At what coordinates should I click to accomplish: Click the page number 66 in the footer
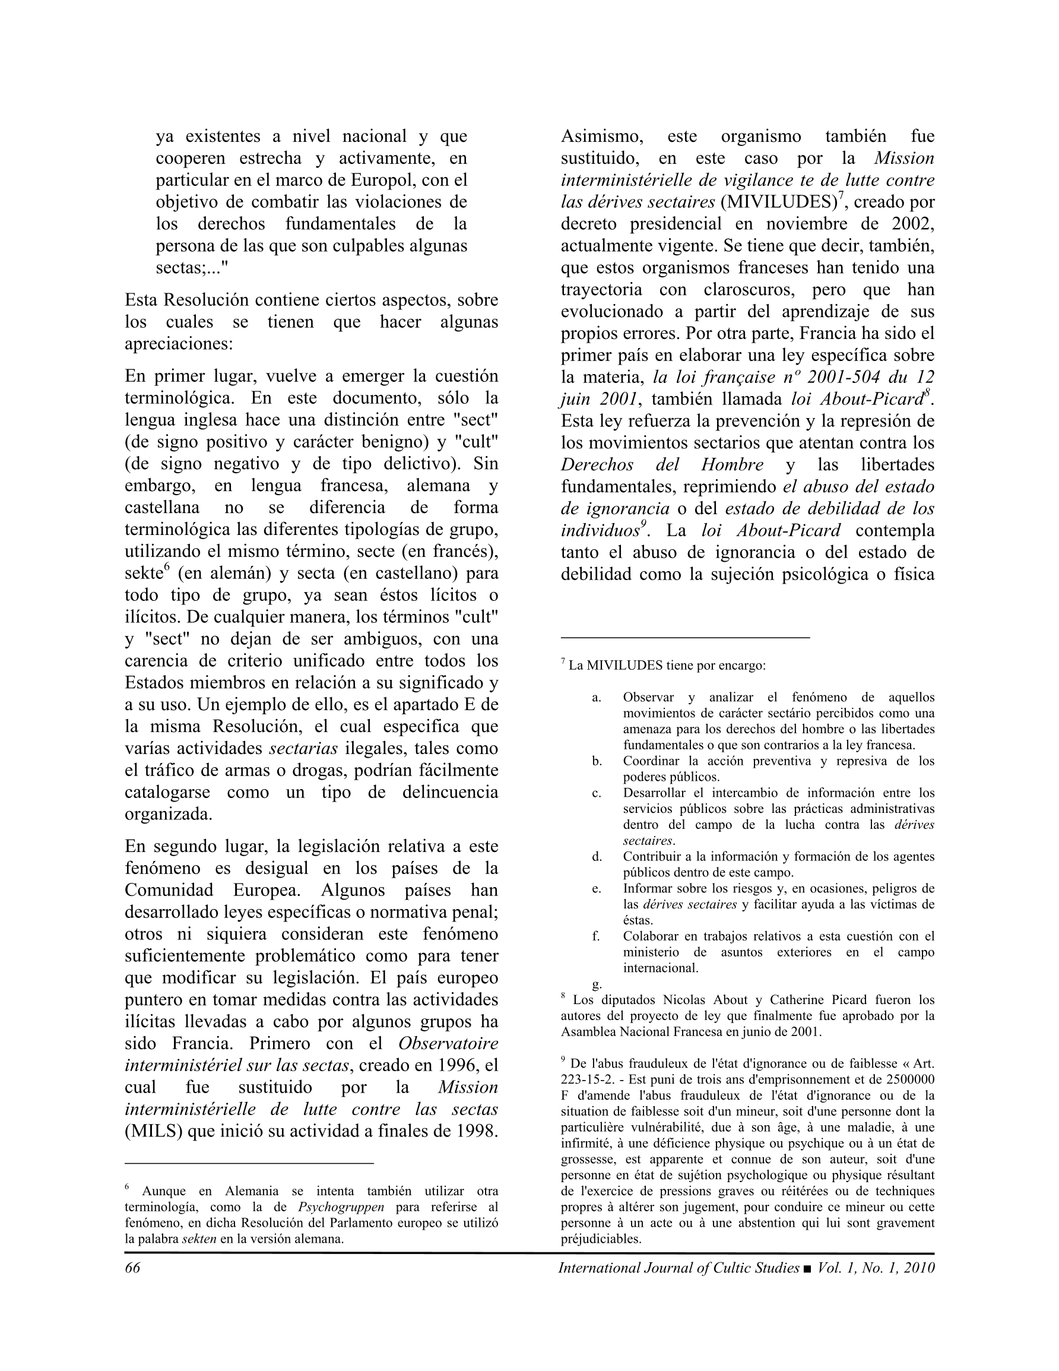(132, 1268)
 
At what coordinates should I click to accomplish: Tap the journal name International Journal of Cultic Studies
(678, 1268)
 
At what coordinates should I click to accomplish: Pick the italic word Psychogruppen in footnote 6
(341, 1207)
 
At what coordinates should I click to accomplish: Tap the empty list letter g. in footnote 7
(597, 984)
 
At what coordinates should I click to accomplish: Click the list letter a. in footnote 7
(597, 698)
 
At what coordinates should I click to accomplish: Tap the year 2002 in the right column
(912, 224)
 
